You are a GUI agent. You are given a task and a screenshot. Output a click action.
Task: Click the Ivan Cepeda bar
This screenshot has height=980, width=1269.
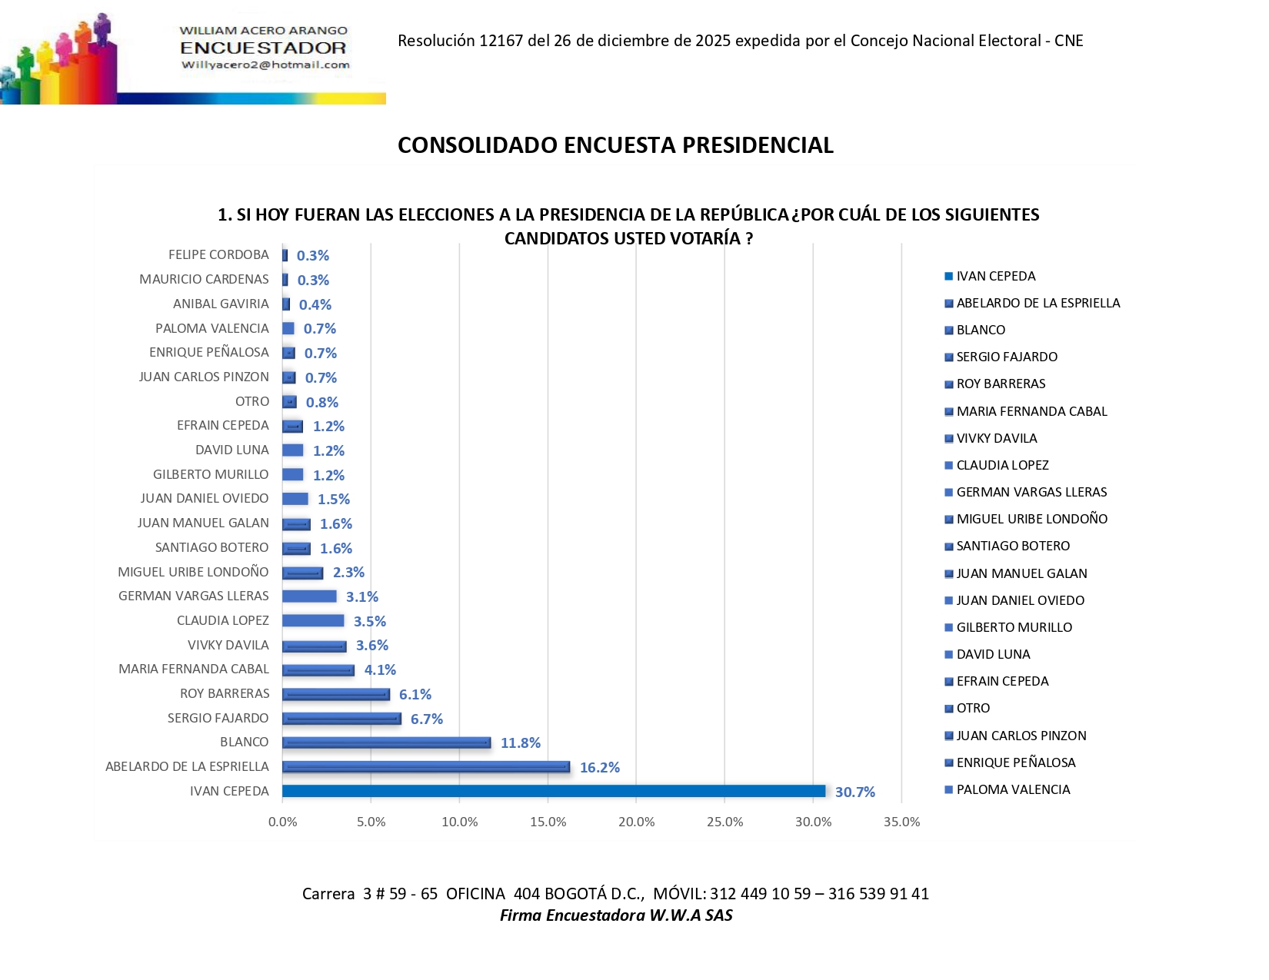554,791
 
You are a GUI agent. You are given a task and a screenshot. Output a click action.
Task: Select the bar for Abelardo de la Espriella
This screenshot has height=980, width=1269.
426,766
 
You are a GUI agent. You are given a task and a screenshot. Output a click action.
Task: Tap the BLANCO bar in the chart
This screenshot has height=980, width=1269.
386,742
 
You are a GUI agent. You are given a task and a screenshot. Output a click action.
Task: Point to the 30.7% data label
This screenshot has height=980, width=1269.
854,792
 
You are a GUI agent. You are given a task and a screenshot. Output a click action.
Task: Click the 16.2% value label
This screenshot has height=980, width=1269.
599,767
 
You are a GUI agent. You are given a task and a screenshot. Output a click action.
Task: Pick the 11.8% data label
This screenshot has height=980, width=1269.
520,743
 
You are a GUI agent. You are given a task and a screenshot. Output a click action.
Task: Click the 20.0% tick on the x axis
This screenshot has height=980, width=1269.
636,822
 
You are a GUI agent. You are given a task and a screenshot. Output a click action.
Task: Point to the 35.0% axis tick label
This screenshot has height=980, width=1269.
901,822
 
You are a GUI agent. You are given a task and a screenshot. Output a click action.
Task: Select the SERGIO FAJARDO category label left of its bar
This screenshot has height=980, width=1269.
218,718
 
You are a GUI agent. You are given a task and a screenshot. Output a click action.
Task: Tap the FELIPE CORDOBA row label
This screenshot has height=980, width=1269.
218,254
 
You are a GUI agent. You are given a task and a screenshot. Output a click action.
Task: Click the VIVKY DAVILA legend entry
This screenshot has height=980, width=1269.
996,438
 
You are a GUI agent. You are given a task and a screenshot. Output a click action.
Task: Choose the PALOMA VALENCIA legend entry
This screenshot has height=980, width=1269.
1013,789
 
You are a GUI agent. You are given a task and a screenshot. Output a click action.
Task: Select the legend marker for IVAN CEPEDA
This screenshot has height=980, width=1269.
948,277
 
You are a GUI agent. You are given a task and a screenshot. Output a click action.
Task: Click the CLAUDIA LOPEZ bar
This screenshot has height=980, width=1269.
313,620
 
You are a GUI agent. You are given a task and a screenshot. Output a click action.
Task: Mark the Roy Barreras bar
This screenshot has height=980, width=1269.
336,694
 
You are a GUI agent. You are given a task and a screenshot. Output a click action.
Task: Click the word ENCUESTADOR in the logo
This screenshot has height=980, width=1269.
263,48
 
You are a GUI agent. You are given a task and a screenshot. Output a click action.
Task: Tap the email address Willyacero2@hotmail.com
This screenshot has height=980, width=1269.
265,65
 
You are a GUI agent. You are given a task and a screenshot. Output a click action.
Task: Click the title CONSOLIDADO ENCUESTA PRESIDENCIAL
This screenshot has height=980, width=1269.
615,145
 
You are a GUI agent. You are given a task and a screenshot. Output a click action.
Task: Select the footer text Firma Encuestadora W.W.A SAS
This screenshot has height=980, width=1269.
615,915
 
